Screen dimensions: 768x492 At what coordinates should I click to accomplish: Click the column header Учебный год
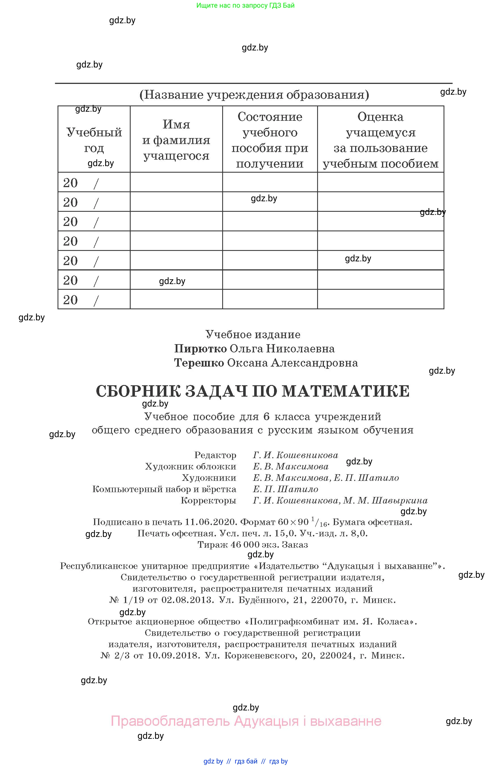pos(94,140)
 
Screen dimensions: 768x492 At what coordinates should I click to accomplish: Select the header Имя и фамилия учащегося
pos(176,140)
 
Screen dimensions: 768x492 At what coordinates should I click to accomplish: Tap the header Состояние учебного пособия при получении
pos(270,140)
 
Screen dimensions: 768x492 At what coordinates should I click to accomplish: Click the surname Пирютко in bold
pos(200,349)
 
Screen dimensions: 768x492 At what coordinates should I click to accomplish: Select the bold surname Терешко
pos(199,363)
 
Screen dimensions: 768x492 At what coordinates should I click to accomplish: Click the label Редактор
pos(215,455)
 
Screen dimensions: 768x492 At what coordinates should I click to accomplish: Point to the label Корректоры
pos(208,500)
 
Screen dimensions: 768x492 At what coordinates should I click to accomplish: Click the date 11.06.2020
pos(211,522)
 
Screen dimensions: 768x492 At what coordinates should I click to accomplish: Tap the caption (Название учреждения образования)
pos(254,95)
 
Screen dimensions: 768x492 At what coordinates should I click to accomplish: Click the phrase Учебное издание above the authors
pos(253,335)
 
